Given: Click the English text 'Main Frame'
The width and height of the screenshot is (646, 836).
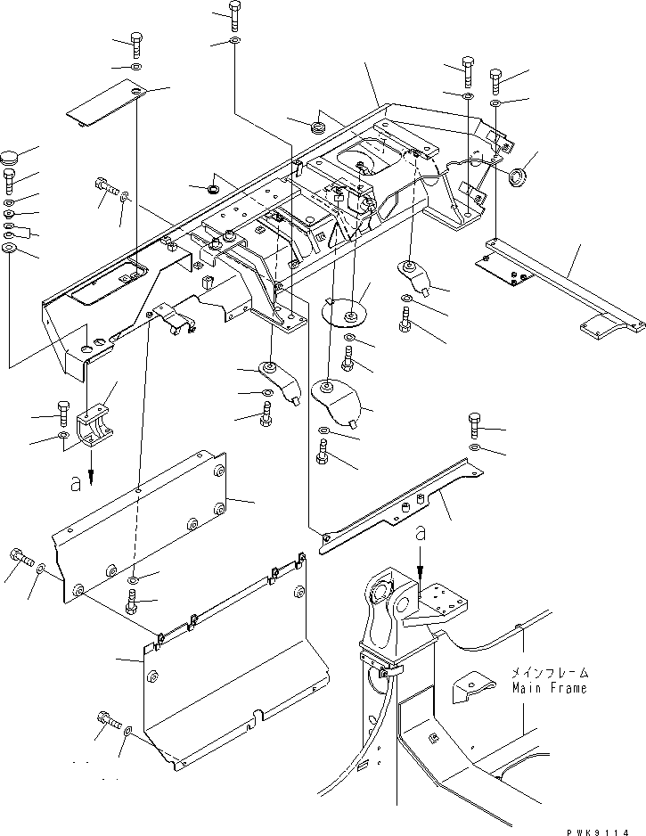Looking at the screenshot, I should (550, 689).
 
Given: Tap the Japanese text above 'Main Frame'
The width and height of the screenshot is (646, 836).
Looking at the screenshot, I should (550, 674).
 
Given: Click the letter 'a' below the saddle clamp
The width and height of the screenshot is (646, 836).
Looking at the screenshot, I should (78, 483).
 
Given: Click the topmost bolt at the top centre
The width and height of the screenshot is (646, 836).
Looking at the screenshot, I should (233, 13).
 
